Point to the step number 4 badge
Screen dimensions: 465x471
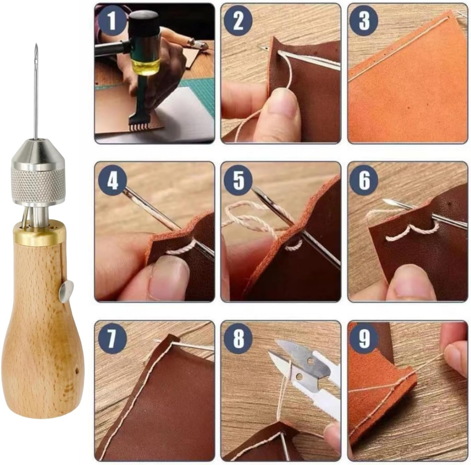[112, 180]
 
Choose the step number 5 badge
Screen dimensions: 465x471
[238, 180]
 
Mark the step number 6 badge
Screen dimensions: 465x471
[364, 180]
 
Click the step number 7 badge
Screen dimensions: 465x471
[112, 339]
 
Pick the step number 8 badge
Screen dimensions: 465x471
[238, 339]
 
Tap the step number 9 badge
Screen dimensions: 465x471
[364, 339]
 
